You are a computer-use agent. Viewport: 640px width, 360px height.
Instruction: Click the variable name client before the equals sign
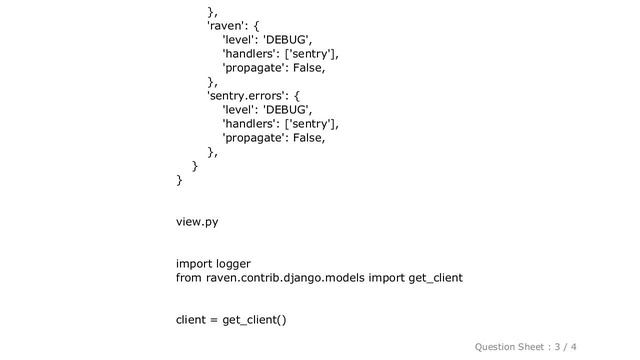[x=191, y=320]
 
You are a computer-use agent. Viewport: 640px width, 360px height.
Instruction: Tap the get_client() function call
[x=254, y=320]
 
